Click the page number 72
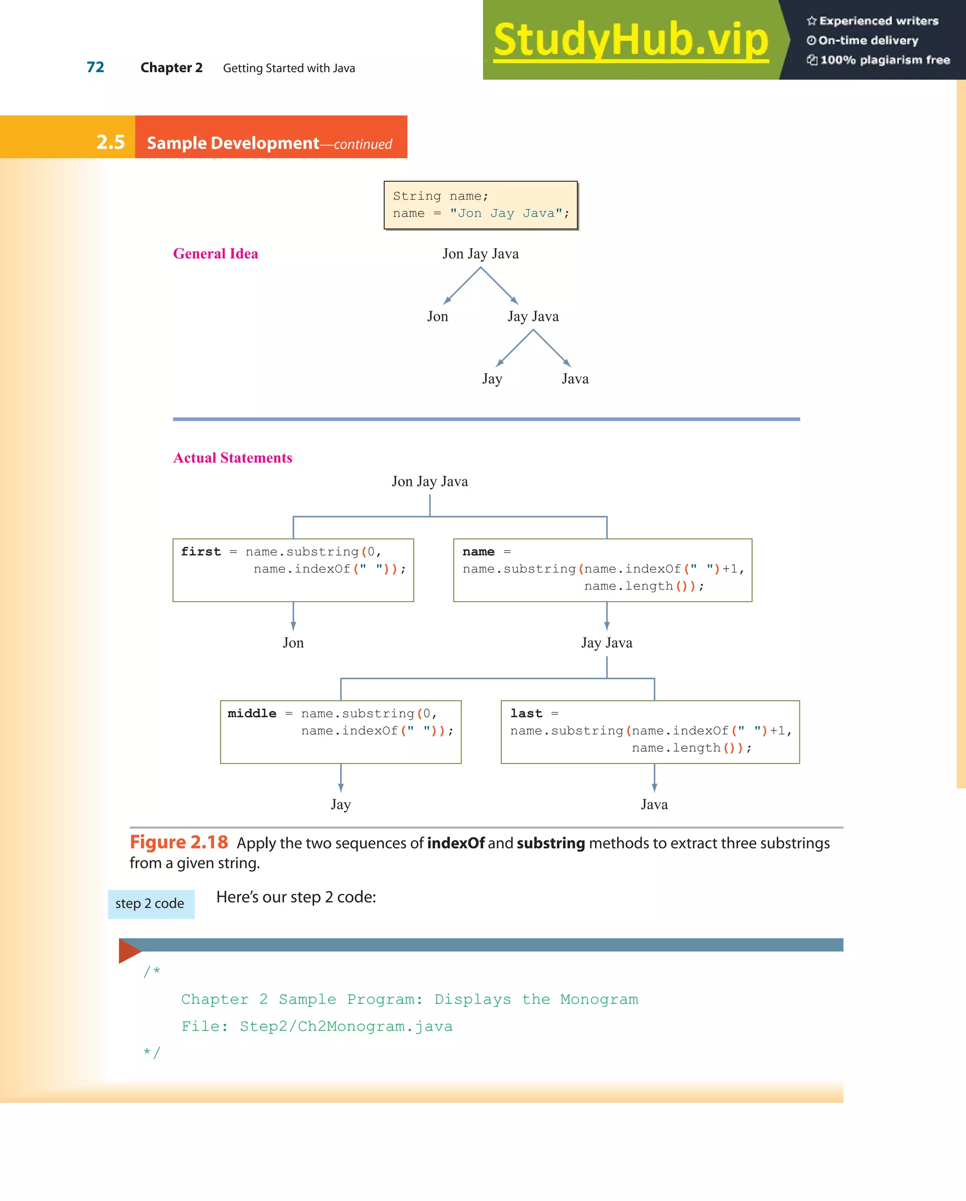coord(95,67)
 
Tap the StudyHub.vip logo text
coord(630,39)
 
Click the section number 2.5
coord(110,142)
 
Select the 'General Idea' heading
coord(216,253)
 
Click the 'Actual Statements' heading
coord(233,457)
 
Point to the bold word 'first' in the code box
coord(200,552)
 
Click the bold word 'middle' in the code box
coord(252,713)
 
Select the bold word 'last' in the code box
coord(526,713)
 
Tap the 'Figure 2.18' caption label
coord(179,842)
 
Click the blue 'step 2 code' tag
coord(150,904)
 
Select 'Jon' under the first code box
coord(293,642)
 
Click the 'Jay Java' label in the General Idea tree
coord(533,316)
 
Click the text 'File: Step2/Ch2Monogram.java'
coord(317,1026)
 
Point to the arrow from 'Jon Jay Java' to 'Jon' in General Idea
coord(462,286)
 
